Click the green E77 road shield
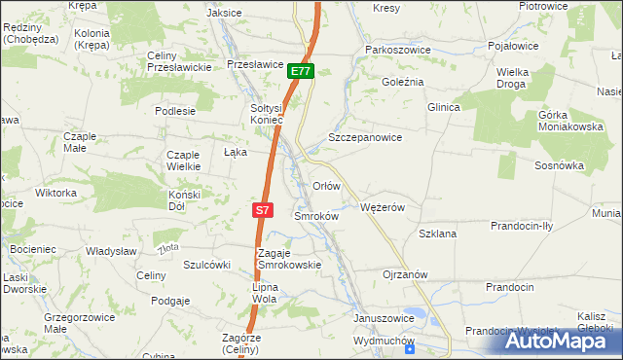click(x=301, y=72)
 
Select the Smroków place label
click(x=315, y=216)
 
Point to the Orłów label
click(x=326, y=185)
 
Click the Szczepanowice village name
click(x=365, y=138)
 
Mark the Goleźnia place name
click(x=403, y=82)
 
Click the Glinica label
click(x=443, y=107)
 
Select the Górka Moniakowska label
click(x=565, y=121)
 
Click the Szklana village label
click(x=437, y=234)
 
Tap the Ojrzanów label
click(x=406, y=274)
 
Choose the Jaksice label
click(x=225, y=13)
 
